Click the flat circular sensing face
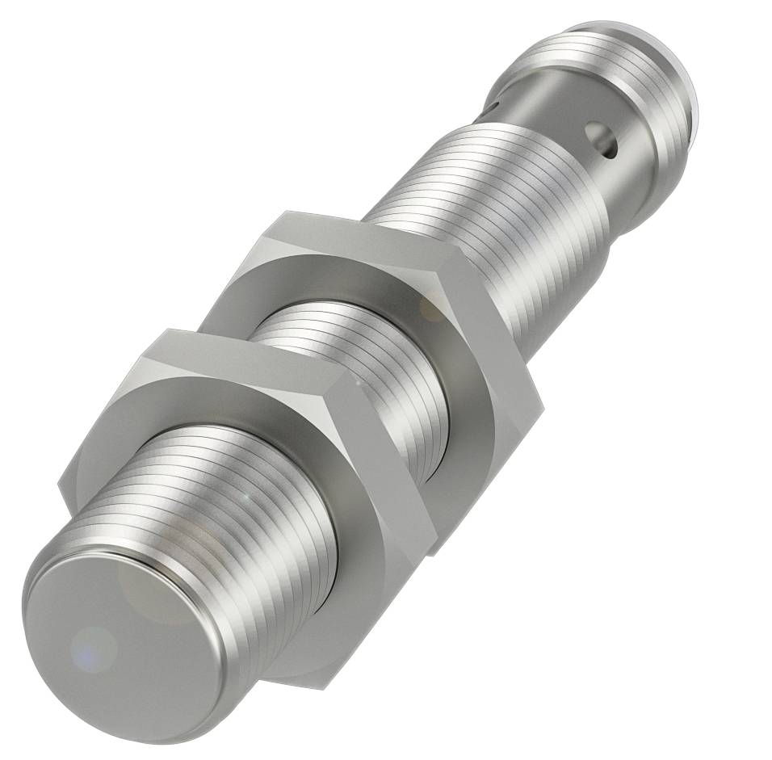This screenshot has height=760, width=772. (x=121, y=638)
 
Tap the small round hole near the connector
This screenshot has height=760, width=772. (x=602, y=138)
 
